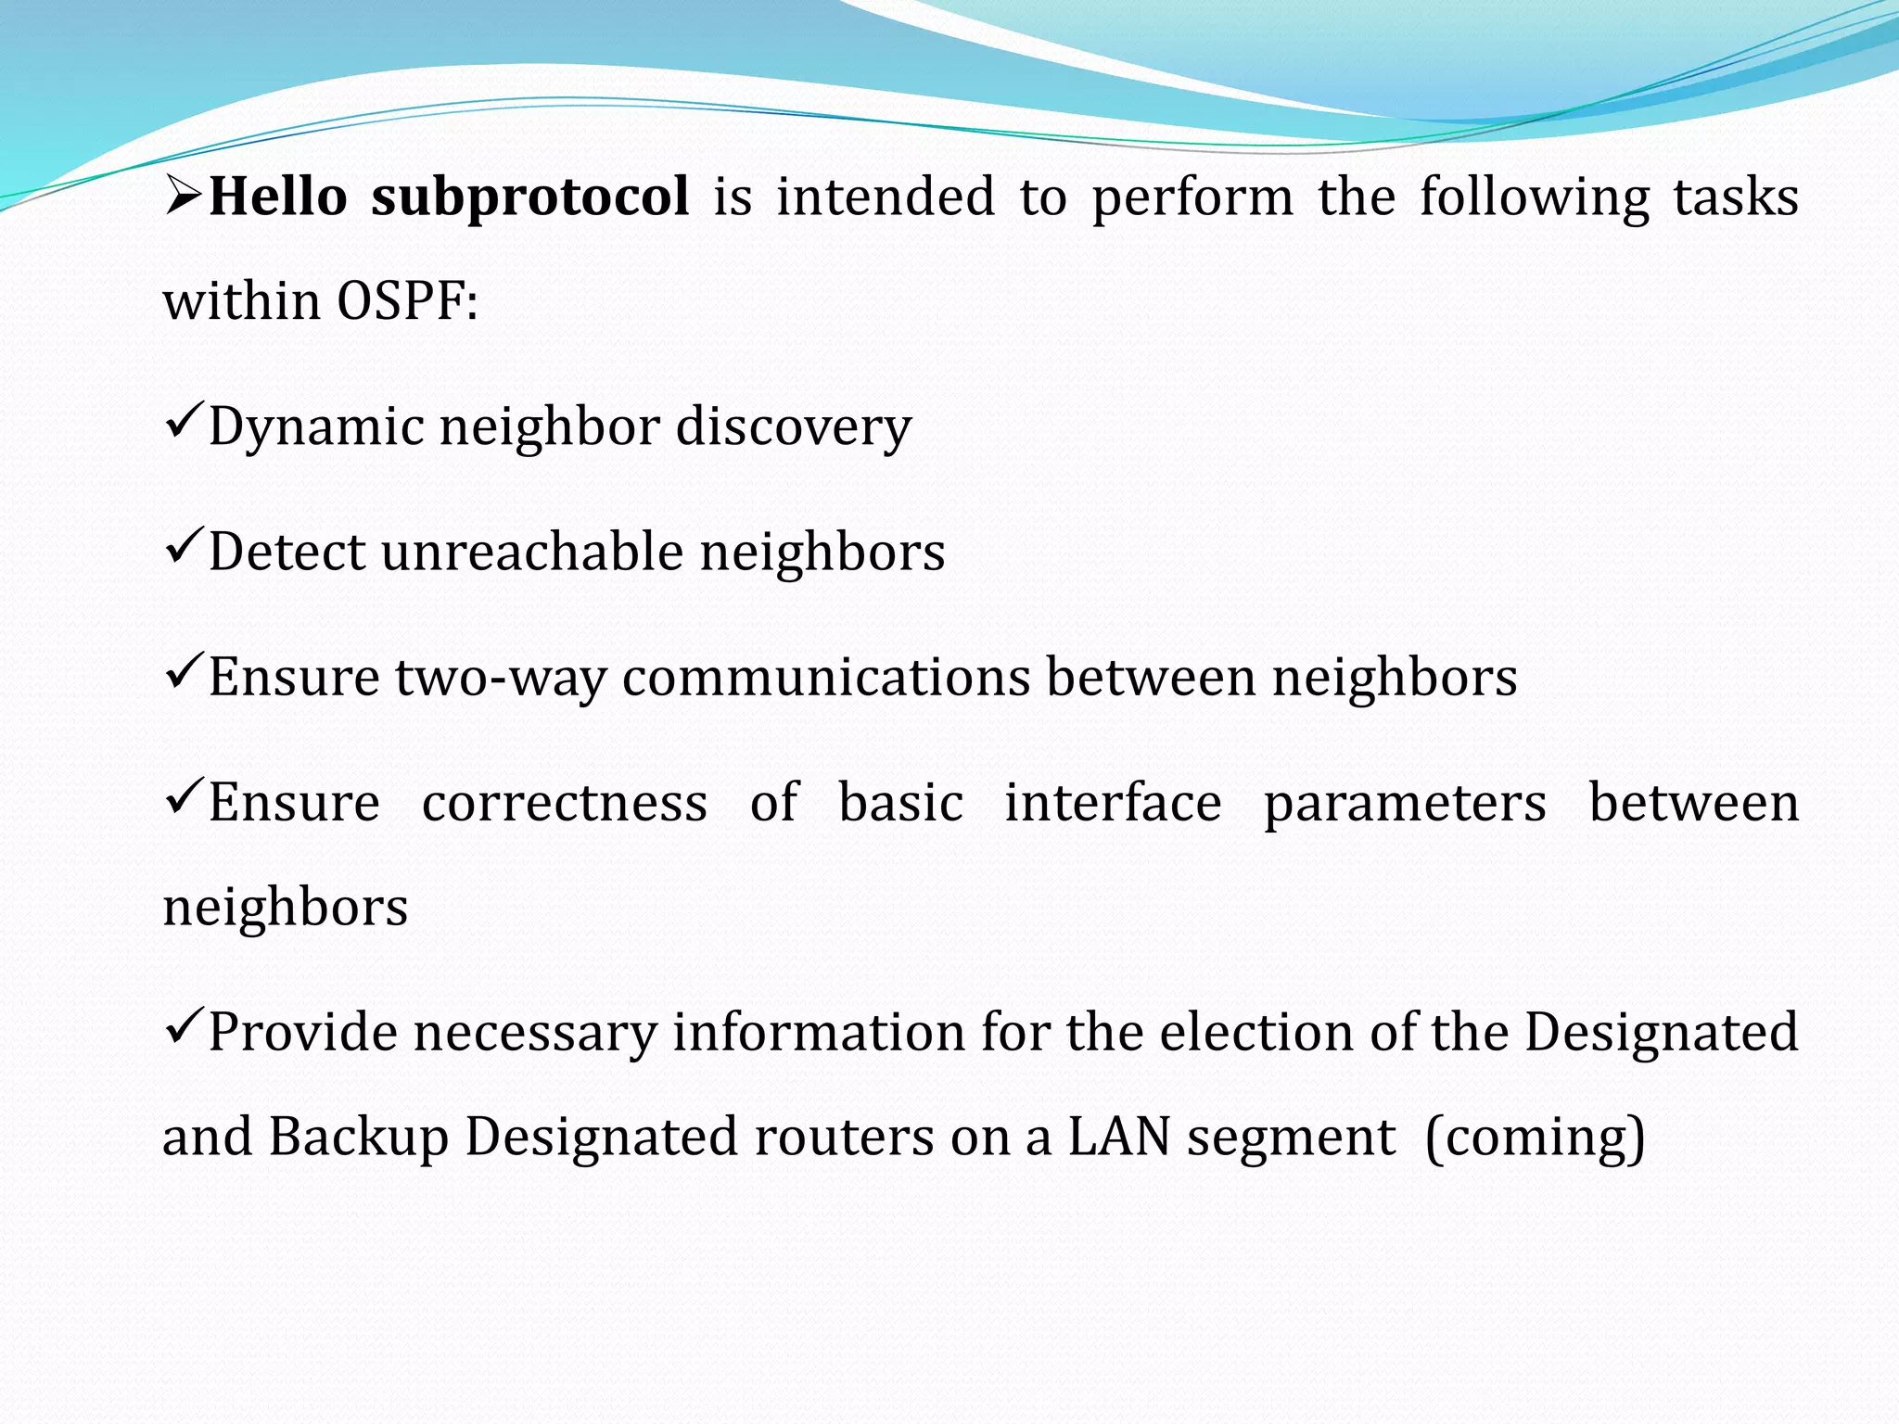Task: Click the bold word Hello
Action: [x=278, y=197]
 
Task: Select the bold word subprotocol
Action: [x=529, y=198]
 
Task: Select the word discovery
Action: [x=794, y=428]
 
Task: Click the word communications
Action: [x=826, y=677]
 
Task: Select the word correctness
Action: [x=565, y=803]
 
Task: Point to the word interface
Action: [x=1113, y=803]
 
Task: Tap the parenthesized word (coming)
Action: [x=1536, y=1138]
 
